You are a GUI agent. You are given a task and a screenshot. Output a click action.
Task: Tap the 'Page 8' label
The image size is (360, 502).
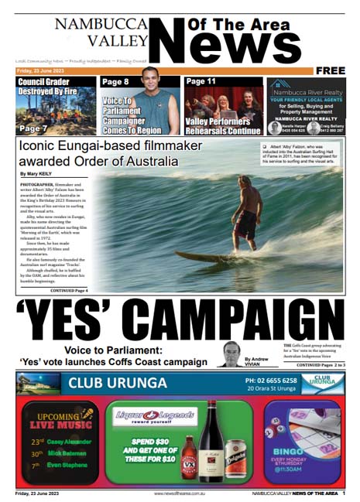pyautogui.click(x=116, y=82)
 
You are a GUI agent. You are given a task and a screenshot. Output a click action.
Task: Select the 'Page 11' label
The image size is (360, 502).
pyautogui.click(x=201, y=81)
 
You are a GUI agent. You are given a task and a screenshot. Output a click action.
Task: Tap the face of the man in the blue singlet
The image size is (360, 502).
pyautogui.click(x=149, y=78)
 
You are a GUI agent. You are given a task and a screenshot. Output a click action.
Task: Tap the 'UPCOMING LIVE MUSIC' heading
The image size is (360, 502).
pyautogui.click(x=57, y=422)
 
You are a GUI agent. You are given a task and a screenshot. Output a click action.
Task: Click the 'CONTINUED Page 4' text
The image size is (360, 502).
pyautogui.click(x=69, y=290)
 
